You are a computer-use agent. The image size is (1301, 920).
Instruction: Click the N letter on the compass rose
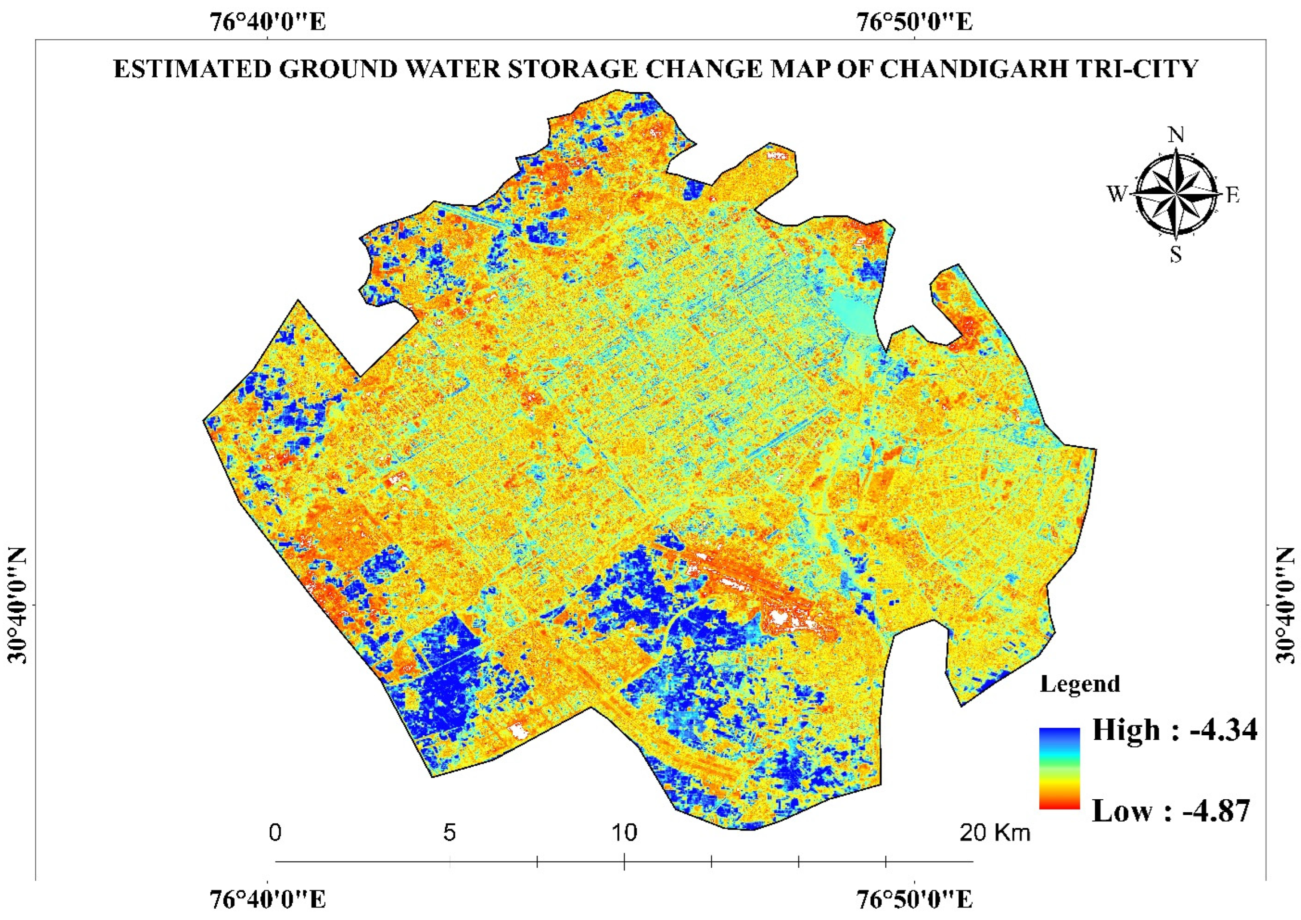pyautogui.click(x=1176, y=135)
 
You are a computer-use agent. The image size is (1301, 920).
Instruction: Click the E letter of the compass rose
pyautogui.click(x=1233, y=195)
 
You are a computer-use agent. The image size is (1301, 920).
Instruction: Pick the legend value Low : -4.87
pyautogui.click(x=1171, y=811)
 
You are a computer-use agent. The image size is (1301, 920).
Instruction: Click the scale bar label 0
pyautogui.click(x=276, y=833)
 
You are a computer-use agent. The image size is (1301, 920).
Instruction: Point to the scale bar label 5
pyautogui.click(x=449, y=833)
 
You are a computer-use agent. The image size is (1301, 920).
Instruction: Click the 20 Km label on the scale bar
pyautogui.click(x=995, y=833)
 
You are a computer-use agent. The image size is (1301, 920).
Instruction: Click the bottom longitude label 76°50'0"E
pyautogui.click(x=915, y=899)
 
